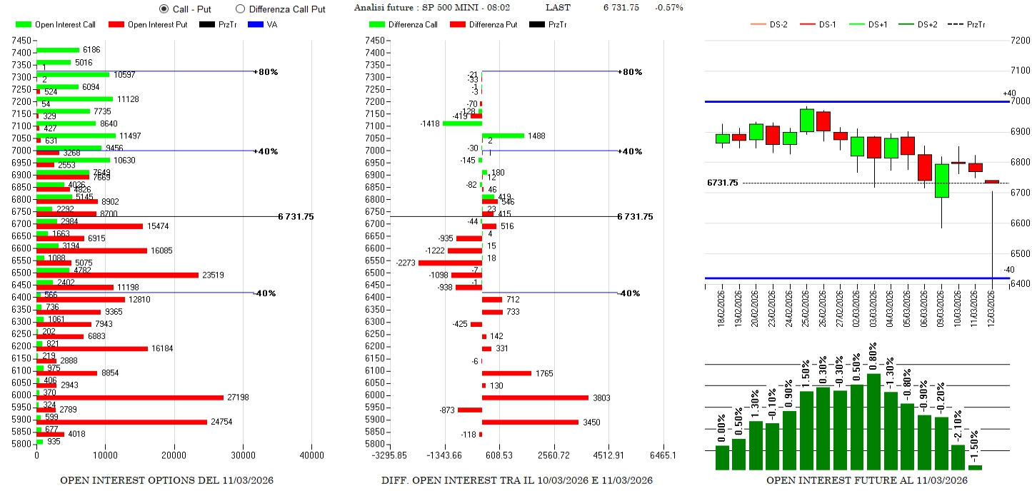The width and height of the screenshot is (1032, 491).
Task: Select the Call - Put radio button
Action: [x=164, y=9]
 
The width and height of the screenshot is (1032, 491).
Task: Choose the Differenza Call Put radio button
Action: [x=240, y=9]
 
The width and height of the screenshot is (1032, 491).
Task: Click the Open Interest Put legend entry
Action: [x=147, y=25]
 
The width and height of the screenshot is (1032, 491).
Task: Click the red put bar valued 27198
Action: [x=130, y=398]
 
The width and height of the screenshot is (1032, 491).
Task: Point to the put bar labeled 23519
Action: [x=117, y=275]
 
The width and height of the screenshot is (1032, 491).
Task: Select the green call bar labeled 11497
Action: [x=76, y=136]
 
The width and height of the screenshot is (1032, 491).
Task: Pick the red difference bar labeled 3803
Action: [x=535, y=398]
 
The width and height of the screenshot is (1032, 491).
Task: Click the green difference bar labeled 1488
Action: [x=503, y=136]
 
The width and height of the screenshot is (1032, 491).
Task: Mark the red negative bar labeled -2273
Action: [x=450, y=263]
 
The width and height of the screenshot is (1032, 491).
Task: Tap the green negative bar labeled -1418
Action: [x=462, y=123]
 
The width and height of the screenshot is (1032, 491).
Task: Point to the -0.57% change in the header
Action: [x=668, y=8]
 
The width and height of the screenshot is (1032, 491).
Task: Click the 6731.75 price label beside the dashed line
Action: [x=722, y=183]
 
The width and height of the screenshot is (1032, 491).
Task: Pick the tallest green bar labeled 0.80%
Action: [x=873, y=421]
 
